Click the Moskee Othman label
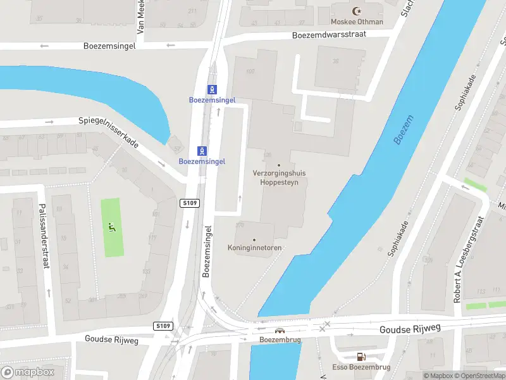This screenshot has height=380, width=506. click(x=357, y=22)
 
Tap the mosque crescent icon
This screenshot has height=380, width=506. click(x=357, y=11)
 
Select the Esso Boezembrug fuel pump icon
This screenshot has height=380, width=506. click(x=361, y=357)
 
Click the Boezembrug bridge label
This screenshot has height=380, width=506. click(x=279, y=339)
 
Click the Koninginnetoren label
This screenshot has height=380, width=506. click(x=254, y=248)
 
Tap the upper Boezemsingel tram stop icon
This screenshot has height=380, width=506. click(x=213, y=89)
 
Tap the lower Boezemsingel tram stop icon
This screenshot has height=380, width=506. click(x=202, y=151)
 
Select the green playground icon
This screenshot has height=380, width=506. click(x=112, y=227)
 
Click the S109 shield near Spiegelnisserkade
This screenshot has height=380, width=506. click(x=189, y=203)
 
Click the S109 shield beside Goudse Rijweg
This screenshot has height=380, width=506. click(x=163, y=326)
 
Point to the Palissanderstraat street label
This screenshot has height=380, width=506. click(x=44, y=236)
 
